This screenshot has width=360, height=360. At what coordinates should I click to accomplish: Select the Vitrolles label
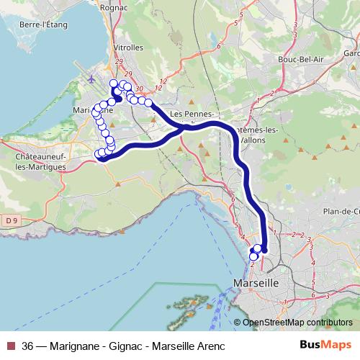(128, 48)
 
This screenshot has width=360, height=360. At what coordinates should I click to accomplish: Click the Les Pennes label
(190, 114)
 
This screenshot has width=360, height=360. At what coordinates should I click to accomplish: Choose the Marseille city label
(256, 284)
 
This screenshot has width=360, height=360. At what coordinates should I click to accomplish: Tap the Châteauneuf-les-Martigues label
(34, 160)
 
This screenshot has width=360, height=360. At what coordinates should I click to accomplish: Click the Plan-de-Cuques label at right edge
(342, 211)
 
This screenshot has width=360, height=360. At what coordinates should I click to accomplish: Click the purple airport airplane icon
(90, 78)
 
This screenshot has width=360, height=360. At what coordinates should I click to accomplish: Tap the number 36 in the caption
(28, 345)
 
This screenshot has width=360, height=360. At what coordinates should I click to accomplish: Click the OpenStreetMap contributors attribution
(297, 322)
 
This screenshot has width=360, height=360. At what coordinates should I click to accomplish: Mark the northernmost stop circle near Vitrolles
(113, 84)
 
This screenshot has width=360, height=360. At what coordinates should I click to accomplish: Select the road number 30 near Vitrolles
(140, 89)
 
